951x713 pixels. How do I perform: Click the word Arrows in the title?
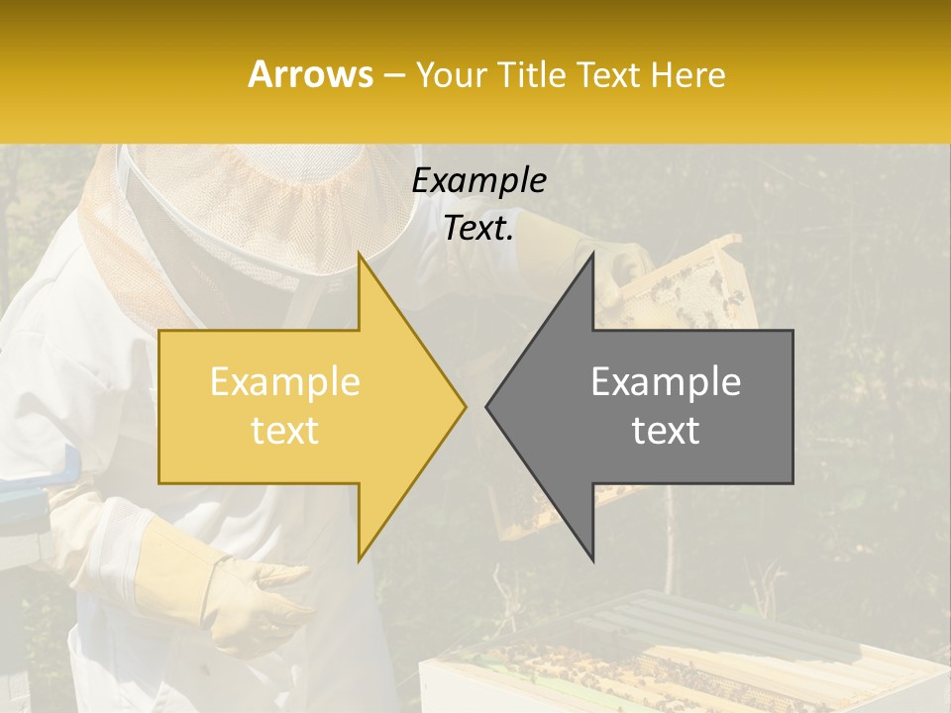[x=310, y=74]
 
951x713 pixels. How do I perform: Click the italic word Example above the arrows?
[x=478, y=180]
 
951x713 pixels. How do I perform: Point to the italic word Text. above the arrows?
[x=478, y=228]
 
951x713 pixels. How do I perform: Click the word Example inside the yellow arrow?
[x=284, y=382]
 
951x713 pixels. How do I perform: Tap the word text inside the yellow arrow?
[x=284, y=431]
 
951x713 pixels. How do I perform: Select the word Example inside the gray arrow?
[x=666, y=382]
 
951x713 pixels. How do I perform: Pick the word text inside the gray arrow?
[x=666, y=431]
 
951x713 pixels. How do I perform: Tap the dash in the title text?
[x=392, y=75]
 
